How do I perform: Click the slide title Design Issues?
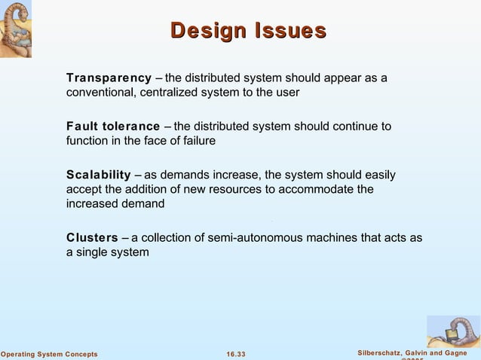click(x=248, y=32)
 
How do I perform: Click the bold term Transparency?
click(x=109, y=78)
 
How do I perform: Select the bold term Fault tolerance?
click(x=113, y=127)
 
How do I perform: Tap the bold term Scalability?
click(x=99, y=175)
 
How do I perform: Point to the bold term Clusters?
click(x=92, y=238)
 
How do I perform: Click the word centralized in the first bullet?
click(x=170, y=93)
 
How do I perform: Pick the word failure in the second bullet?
click(x=198, y=141)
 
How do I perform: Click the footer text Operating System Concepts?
click(x=49, y=354)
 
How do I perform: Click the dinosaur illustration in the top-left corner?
click(x=20, y=29)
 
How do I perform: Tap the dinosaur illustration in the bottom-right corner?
click(x=453, y=331)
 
